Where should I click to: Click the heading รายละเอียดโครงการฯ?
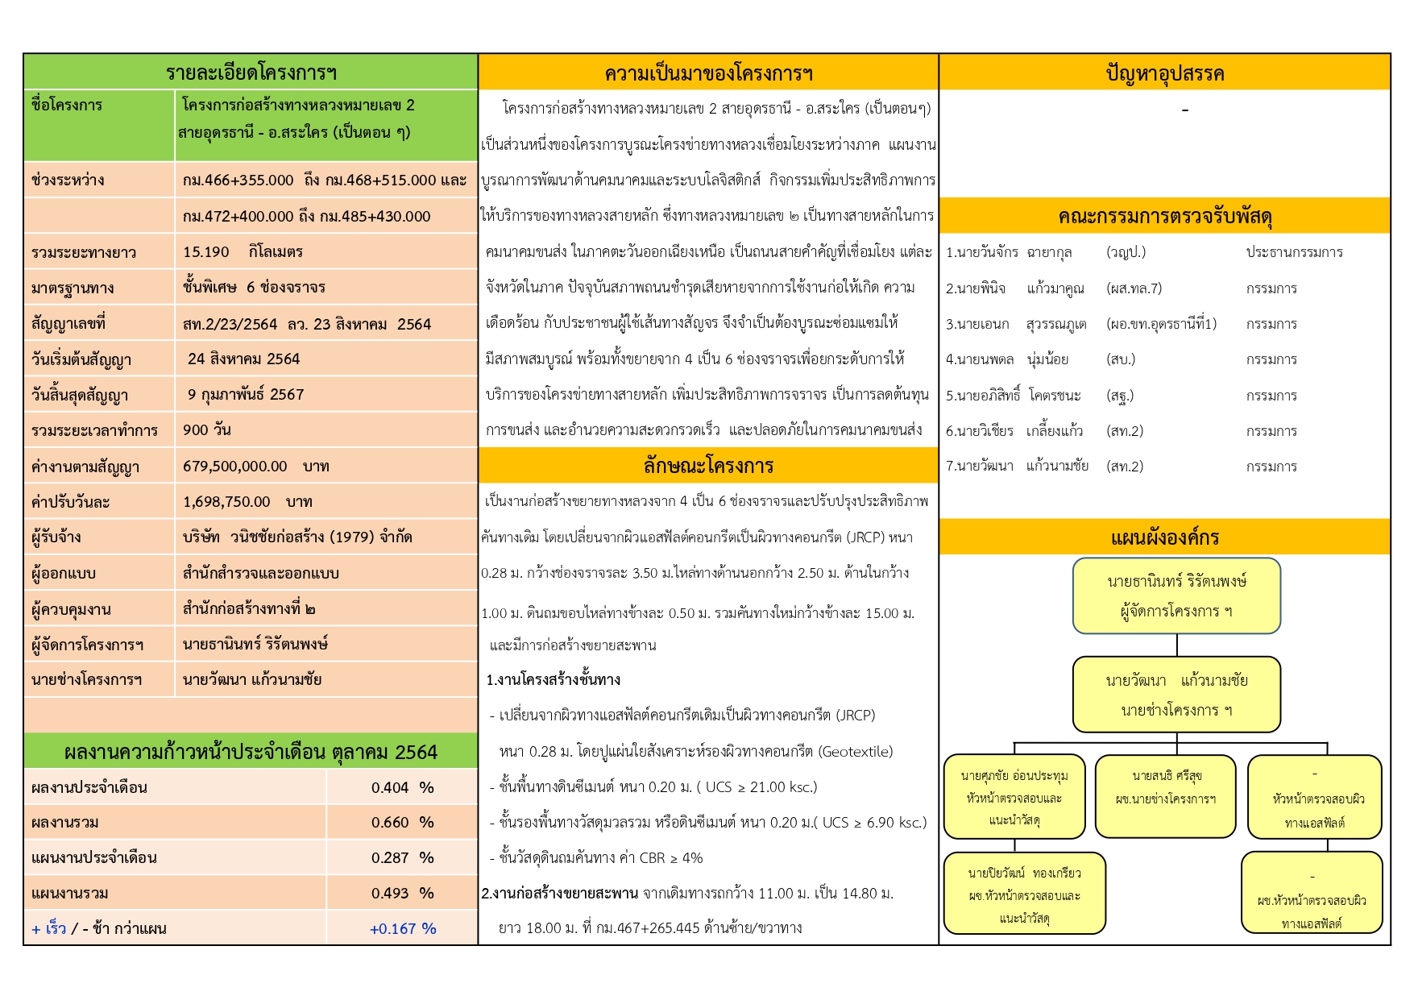click(251, 73)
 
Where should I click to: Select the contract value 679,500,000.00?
click(234, 467)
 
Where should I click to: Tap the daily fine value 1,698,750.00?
click(226, 502)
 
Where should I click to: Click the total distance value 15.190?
click(206, 252)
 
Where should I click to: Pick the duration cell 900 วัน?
click(207, 430)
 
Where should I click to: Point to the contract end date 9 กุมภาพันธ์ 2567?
click(246, 395)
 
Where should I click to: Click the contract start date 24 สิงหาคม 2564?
click(243, 359)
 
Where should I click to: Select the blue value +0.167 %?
click(403, 929)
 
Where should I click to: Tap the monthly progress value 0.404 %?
click(402, 788)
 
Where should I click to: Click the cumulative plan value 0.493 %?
click(402, 894)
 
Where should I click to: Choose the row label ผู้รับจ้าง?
click(56, 537)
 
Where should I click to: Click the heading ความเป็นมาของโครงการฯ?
click(708, 74)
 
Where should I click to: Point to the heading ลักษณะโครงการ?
click(708, 466)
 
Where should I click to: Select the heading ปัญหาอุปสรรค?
click(1164, 74)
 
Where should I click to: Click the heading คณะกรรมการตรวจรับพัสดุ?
click(1164, 217)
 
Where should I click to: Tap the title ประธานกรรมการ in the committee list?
click(1294, 252)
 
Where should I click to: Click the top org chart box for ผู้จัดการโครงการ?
click(1176, 596)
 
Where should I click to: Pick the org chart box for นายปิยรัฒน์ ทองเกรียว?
click(1024, 894)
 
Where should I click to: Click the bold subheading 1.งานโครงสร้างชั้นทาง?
click(553, 680)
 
